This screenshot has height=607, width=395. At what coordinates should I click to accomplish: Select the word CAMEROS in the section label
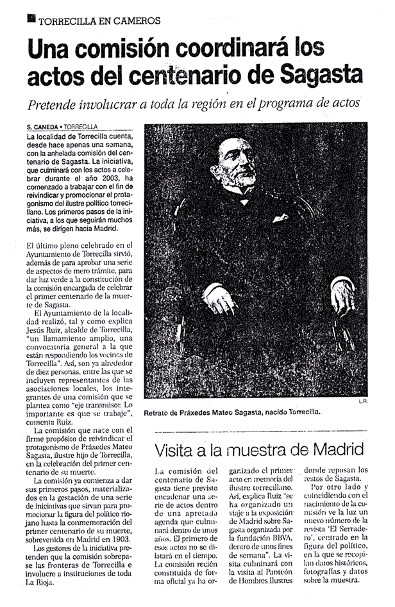coord(138,20)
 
